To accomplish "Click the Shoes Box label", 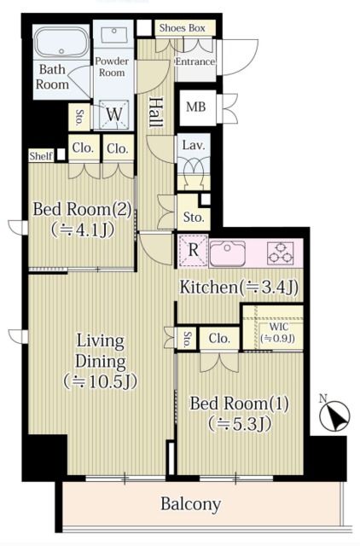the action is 182,28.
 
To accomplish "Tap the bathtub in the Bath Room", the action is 61,42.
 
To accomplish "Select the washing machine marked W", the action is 114,114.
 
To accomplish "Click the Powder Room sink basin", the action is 113,33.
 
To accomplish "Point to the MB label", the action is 196,107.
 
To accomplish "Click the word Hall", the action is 156,112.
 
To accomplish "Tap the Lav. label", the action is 194,145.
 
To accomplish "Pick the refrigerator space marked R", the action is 194,251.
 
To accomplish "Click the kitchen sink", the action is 228,253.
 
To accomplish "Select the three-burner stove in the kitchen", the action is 281,253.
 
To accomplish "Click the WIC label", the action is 278,328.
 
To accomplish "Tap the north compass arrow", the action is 334,415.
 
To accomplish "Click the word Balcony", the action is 191,504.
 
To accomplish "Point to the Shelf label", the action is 41,156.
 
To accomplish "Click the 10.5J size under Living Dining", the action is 101,382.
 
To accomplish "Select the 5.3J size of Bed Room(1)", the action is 240,425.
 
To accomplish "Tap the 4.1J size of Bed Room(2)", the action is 83,229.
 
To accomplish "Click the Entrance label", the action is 195,62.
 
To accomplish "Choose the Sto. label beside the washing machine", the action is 79,118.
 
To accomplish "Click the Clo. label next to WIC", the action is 219,339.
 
